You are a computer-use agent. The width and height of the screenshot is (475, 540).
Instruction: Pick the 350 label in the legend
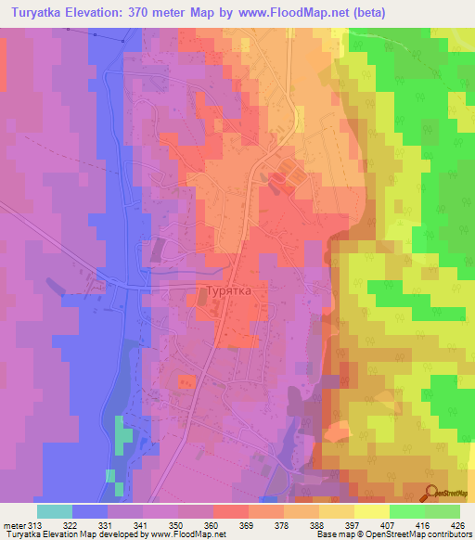point(177,525)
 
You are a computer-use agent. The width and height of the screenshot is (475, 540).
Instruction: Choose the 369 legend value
point(249,525)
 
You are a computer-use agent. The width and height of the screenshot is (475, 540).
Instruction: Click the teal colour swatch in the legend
point(55,511)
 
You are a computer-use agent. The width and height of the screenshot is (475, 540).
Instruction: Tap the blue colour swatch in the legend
point(90,511)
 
